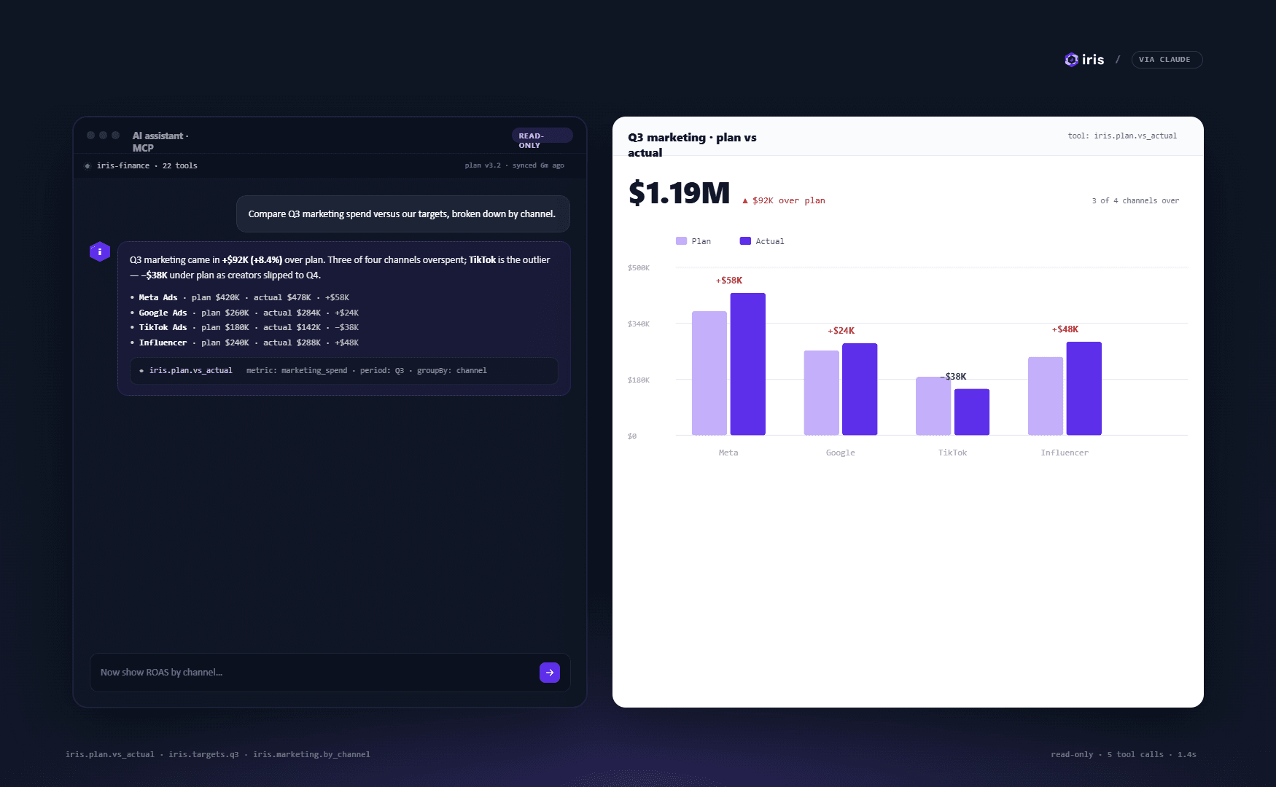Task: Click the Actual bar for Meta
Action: tap(747, 364)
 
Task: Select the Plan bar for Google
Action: tap(822, 393)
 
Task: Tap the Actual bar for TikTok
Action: tap(972, 412)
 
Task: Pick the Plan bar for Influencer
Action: tap(1046, 396)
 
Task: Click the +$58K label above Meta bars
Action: tap(729, 281)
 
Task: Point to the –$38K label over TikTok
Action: tap(953, 377)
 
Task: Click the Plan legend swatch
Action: tap(681, 241)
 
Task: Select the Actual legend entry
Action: tap(762, 241)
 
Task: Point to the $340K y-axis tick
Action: tap(639, 324)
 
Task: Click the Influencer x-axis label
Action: tap(1065, 453)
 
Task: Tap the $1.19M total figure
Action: tap(679, 193)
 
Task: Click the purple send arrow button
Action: tap(550, 673)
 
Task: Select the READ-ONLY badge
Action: tap(542, 140)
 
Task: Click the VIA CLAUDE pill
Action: tap(1167, 60)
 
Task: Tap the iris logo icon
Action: tap(1071, 60)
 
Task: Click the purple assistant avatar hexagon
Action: tap(100, 251)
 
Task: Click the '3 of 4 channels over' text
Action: tap(1135, 200)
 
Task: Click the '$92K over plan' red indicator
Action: tap(784, 200)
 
